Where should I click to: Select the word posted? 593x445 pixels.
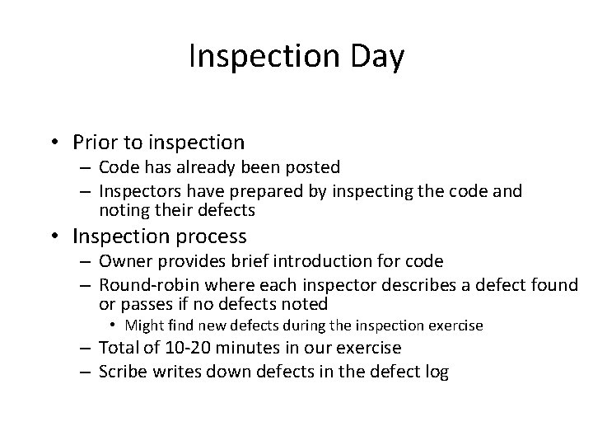312,167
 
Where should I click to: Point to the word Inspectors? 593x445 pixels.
137,191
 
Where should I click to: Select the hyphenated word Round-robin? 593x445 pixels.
147,286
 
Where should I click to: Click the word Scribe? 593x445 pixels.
123,372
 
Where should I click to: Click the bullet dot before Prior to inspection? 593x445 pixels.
57,144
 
